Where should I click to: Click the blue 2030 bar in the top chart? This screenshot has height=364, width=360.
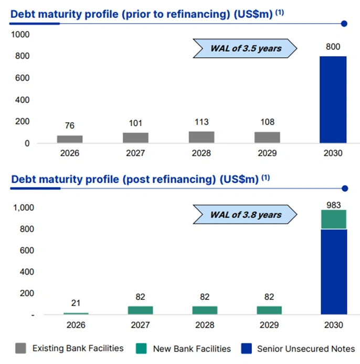tap(333, 99)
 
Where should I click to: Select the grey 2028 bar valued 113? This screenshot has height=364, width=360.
tap(202, 137)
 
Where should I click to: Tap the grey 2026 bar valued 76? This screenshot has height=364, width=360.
tap(70, 139)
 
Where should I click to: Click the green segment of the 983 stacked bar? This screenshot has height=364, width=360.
tap(333, 220)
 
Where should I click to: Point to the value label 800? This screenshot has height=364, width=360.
tap(333, 47)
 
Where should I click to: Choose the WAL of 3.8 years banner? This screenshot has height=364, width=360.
tap(245, 214)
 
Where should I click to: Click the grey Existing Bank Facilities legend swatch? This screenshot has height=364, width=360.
tap(21, 348)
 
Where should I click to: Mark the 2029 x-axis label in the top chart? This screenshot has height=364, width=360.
tap(267, 153)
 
